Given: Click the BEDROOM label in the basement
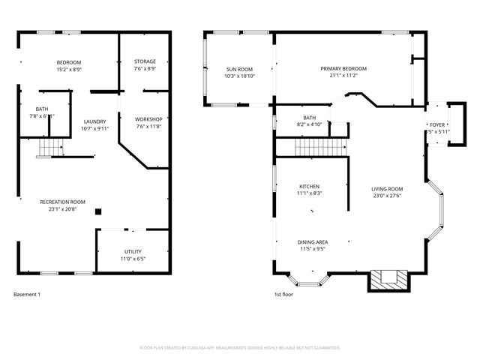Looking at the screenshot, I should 69,62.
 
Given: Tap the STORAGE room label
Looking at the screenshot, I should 145,61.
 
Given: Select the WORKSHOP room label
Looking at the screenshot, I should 148,119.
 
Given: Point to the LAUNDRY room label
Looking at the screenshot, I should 94,121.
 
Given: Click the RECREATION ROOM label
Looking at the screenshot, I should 63,202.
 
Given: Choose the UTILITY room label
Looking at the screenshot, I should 133,252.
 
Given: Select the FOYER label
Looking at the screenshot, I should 436,124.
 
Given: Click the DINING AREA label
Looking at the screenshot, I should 312,241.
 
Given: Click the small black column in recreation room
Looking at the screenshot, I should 97,212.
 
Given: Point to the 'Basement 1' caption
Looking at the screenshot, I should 27,295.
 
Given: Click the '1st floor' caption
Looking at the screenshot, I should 283,295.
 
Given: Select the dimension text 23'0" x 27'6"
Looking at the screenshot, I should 387,196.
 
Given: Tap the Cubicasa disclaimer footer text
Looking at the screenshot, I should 240,348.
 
